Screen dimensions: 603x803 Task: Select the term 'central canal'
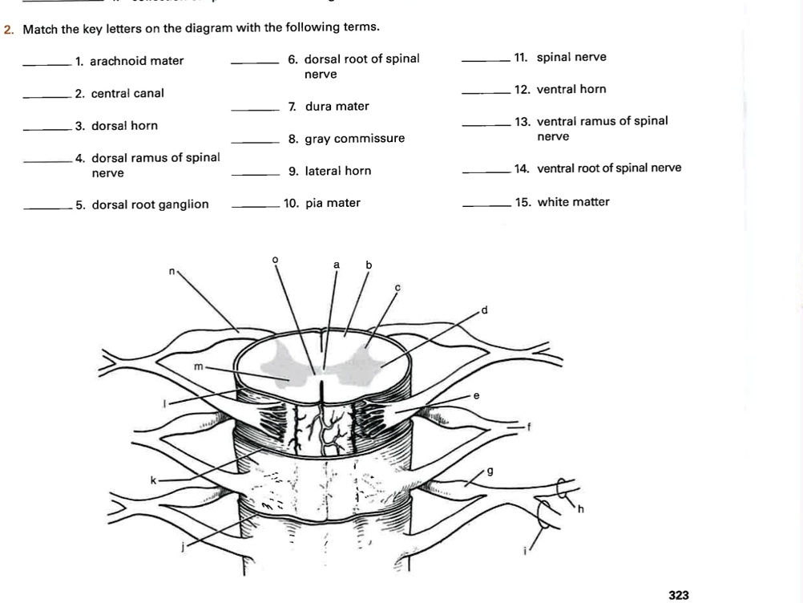(x=127, y=94)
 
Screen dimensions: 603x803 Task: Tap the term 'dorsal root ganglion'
(x=150, y=204)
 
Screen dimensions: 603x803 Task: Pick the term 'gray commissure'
(x=354, y=139)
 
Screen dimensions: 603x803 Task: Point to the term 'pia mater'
(x=333, y=203)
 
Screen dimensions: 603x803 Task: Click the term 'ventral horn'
(x=571, y=89)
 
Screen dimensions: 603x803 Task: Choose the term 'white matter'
(x=573, y=202)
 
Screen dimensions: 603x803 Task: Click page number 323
(x=678, y=594)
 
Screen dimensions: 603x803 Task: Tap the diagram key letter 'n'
(x=171, y=272)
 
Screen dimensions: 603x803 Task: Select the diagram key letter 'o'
(x=275, y=259)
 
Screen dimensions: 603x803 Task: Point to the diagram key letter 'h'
(x=582, y=508)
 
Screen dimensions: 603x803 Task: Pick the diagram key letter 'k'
(x=153, y=480)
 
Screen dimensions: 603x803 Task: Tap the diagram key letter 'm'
(x=196, y=366)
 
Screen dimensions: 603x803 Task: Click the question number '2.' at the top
(x=9, y=29)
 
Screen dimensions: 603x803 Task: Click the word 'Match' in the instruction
(x=38, y=29)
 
